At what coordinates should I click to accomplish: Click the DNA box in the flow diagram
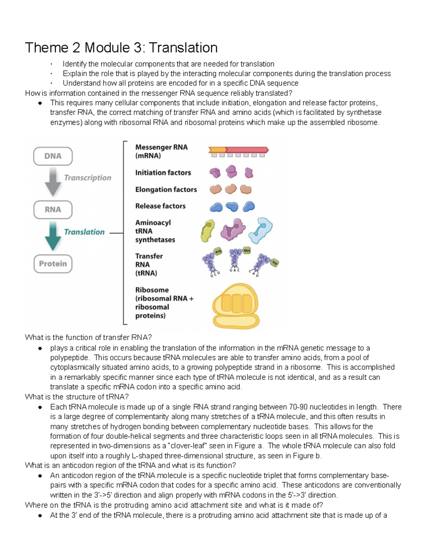click(x=53, y=156)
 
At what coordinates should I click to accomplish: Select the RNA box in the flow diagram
click(x=53, y=210)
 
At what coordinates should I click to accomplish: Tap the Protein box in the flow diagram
click(x=53, y=264)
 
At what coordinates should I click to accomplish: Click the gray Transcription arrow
click(x=53, y=181)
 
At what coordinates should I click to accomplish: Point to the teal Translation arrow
click(x=53, y=236)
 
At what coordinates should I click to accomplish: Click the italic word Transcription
click(x=88, y=178)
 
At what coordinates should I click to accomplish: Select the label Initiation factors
click(x=163, y=173)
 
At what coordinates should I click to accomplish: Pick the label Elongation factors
click(x=166, y=189)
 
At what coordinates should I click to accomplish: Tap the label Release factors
click(x=160, y=206)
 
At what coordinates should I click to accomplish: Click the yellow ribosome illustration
click(x=236, y=306)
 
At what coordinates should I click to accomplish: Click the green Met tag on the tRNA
click(x=247, y=251)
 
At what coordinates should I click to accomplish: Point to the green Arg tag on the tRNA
click(x=218, y=251)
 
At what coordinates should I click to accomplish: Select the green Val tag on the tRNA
click(x=274, y=263)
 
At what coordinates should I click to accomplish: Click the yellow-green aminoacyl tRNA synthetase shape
click(x=208, y=231)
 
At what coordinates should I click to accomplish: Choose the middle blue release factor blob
click(x=232, y=207)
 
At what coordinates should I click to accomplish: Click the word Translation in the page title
click(x=183, y=47)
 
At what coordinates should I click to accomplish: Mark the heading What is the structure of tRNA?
click(x=77, y=397)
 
